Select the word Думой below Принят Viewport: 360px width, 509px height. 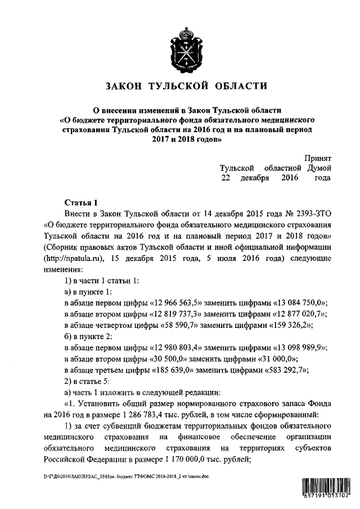(x=319, y=168)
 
